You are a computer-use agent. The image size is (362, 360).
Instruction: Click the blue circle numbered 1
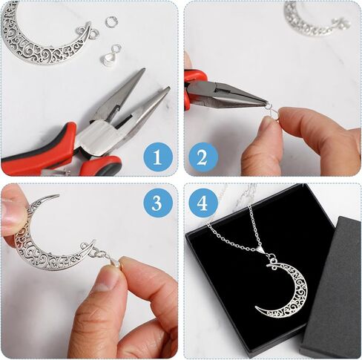[157, 156]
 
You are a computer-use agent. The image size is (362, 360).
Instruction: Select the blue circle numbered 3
[157, 203]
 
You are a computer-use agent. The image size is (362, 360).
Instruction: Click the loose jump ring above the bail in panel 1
[111, 22]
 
